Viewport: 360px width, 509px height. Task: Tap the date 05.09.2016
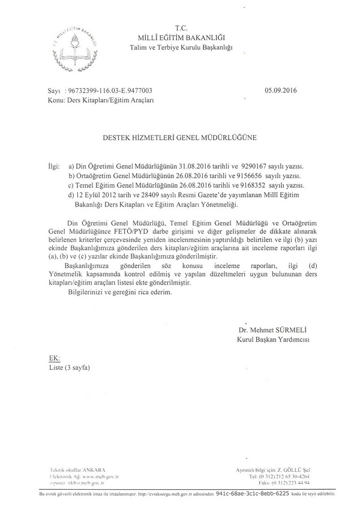tap(280, 92)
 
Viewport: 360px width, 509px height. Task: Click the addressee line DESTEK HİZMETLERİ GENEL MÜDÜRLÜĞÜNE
tap(181, 137)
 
